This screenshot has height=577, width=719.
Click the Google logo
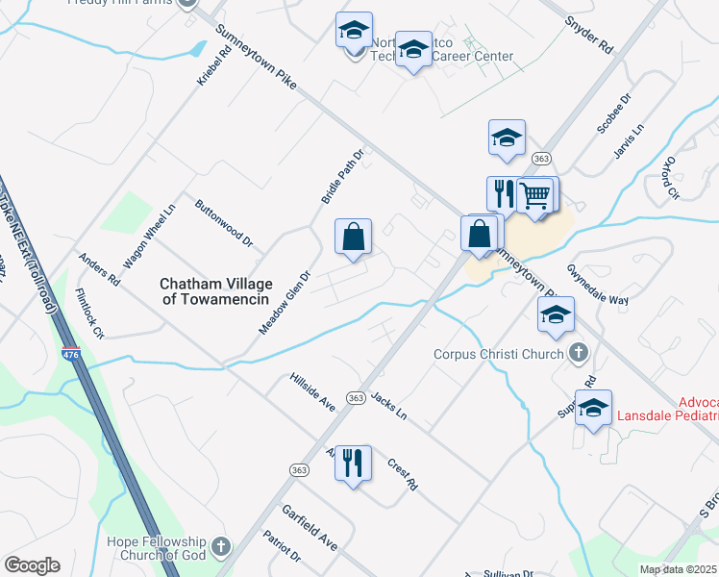coord(32,565)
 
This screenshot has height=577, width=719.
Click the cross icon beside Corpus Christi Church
coord(578,353)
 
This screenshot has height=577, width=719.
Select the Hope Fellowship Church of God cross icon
coord(221,548)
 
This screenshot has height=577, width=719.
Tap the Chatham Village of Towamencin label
coord(216,291)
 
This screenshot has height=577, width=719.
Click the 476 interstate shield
coord(70,329)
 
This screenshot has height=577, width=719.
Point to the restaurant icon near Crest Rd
coord(353,464)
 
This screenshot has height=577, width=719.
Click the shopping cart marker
coord(535,195)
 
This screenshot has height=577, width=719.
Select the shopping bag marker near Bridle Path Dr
coord(354,237)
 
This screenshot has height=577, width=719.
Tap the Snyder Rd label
coord(588,34)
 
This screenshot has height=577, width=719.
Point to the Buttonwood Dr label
coord(223,223)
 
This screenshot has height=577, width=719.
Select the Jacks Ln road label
coord(389,406)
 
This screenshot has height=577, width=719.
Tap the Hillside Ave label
coord(312,392)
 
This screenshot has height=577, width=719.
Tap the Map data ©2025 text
coord(678,569)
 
